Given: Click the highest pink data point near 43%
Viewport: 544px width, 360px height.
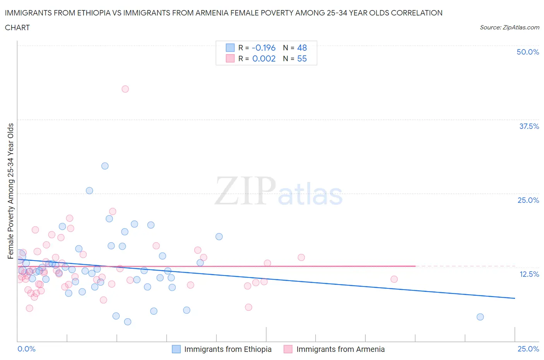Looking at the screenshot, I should [125, 89].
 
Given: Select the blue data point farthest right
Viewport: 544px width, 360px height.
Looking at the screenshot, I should [480, 317].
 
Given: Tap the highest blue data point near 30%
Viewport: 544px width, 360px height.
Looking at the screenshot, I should [105, 166].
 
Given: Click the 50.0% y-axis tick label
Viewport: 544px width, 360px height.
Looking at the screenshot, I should [528, 52].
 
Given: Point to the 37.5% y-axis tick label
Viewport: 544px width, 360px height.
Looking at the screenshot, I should [529, 126].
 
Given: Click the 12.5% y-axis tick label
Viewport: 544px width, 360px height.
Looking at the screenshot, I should [529, 274].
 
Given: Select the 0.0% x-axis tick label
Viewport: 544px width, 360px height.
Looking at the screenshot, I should [26, 349].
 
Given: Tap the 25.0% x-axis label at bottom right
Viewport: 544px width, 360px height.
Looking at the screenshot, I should [528, 349].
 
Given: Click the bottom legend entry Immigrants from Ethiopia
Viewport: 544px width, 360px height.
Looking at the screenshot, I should [228, 349].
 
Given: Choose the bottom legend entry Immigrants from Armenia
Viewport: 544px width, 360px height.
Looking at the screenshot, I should [340, 349].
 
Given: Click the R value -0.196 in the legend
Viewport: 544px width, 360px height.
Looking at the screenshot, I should [263, 48].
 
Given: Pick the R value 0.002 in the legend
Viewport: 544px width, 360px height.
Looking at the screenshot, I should [264, 58].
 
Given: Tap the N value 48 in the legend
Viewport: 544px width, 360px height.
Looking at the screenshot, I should [302, 48].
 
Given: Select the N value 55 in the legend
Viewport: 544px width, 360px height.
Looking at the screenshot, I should [302, 58].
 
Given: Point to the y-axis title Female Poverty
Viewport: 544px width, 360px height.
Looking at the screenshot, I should [10, 191].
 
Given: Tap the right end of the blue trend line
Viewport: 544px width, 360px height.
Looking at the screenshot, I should [515, 298].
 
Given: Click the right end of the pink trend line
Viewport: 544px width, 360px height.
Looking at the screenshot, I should [415, 266].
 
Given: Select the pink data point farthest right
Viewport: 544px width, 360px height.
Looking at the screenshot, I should [394, 279].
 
